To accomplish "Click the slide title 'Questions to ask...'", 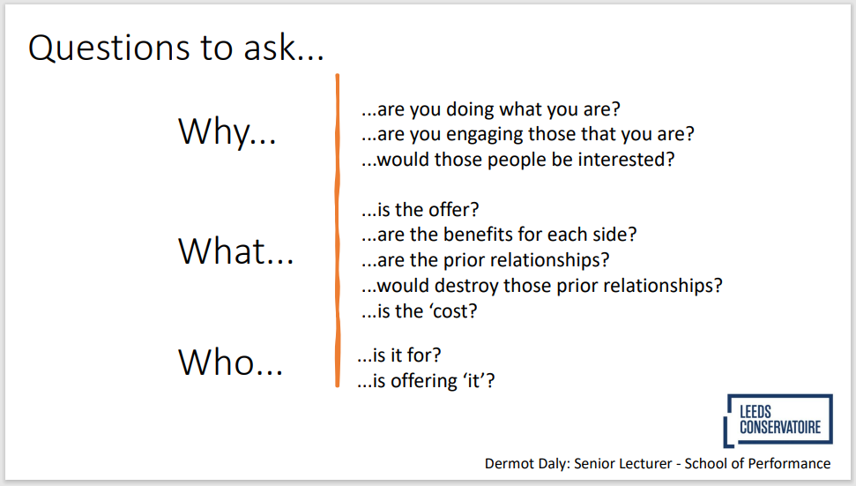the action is coord(175,48).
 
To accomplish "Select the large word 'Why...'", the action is coord(227,131).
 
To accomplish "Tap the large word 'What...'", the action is coord(236,251).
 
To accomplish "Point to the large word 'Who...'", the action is coord(230,362).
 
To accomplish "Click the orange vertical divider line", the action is coord(338,230).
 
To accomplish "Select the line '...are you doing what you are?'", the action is coord(491,109).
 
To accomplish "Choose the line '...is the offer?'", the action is coord(420,210).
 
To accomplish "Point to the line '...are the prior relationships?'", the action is coord(486,260).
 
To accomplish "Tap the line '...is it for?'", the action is coord(399,355).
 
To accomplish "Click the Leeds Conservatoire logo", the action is coord(778,421).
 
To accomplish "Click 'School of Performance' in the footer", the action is coord(758,464).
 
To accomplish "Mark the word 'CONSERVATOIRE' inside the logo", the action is coord(780,428).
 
